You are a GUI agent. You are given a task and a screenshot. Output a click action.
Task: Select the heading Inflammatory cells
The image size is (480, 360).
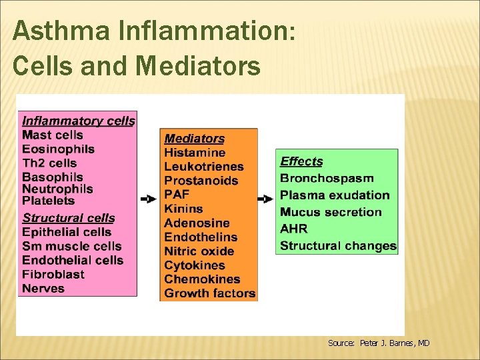78,121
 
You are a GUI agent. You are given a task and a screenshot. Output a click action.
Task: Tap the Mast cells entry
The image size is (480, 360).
53,135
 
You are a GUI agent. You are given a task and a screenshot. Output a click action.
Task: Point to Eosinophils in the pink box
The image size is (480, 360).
58,149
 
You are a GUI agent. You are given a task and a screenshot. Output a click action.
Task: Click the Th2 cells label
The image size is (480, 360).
49,163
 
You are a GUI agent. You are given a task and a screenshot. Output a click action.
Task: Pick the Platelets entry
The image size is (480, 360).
49,200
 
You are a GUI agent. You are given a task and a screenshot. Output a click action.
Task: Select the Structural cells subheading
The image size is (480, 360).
69,218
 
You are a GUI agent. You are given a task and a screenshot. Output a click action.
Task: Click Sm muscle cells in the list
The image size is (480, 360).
72,246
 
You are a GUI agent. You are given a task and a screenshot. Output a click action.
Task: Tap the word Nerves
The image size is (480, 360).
43,288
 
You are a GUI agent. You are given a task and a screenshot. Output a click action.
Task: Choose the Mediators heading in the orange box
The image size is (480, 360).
194,139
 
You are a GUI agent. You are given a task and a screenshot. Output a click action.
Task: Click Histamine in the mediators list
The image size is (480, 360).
195,153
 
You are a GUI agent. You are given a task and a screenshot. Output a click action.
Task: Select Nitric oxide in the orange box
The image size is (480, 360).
199,251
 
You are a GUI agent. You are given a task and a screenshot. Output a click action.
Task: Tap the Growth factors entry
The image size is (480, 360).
209,293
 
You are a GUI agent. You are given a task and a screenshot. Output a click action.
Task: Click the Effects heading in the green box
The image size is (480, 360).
301,161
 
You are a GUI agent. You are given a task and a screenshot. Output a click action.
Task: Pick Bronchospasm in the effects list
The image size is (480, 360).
327,178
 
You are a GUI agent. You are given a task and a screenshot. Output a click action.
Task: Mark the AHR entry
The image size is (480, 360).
293,229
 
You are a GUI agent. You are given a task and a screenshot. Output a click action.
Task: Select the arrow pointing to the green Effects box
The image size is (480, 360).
266,199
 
